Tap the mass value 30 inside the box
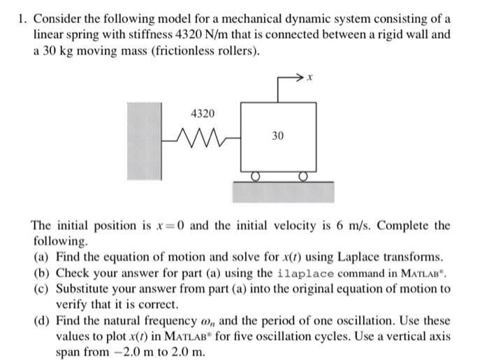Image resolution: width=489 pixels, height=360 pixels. pos(277,137)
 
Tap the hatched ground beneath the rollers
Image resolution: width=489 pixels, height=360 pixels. pos(280,192)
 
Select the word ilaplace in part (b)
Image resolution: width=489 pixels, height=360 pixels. pos(311,273)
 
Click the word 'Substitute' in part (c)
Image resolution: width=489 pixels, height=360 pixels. pos(82,289)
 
